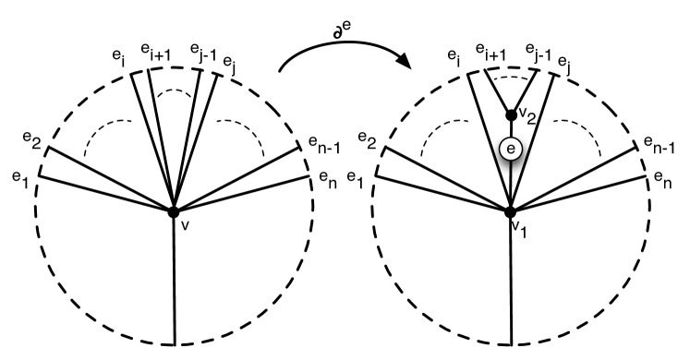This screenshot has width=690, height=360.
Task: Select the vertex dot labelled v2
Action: click(x=510, y=115)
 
